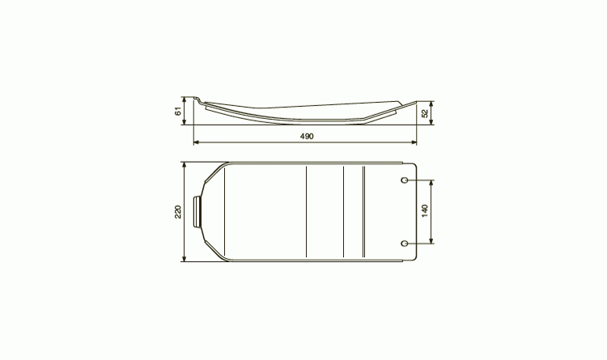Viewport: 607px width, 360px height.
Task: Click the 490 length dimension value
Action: (307, 136)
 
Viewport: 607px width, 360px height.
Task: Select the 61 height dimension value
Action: (178, 112)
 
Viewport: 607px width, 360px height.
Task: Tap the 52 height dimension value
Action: (425, 113)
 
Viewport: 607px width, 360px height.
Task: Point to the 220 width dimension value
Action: (178, 211)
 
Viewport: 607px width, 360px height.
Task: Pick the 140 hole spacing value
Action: (425, 211)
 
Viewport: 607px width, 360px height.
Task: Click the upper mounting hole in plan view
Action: (405, 180)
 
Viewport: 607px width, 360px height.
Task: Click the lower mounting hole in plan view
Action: (405, 243)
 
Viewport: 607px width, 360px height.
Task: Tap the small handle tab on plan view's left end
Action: (197, 212)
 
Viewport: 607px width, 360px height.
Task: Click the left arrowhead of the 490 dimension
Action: (196, 142)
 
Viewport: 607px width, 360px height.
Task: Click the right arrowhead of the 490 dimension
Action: (414, 142)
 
